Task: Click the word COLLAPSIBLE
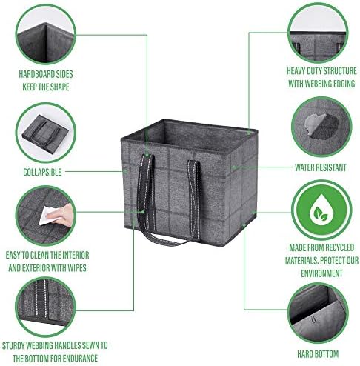(x=42, y=172)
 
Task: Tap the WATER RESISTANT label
(x=321, y=167)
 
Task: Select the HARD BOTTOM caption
(x=318, y=354)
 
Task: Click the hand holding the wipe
(x=61, y=216)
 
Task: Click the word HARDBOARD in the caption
(x=37, y=74)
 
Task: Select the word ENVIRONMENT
(x=321, y=273)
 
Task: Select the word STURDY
(x=13, y=345)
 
